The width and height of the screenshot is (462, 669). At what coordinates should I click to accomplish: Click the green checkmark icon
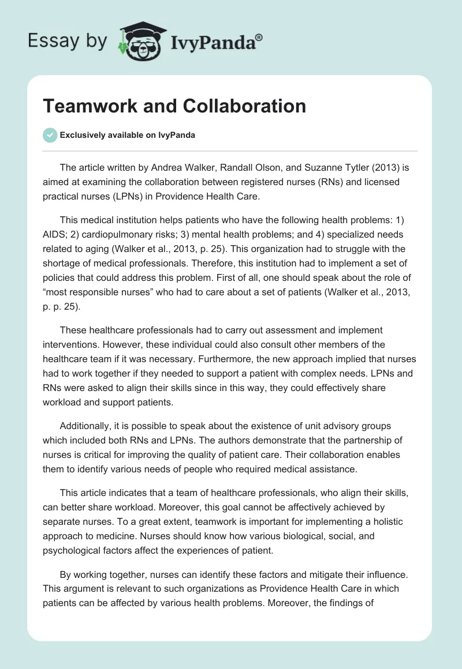pyautogui.click(x=50, y=135)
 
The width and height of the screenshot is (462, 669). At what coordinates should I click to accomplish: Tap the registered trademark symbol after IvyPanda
pyautogui.click(x=259, y=37)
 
